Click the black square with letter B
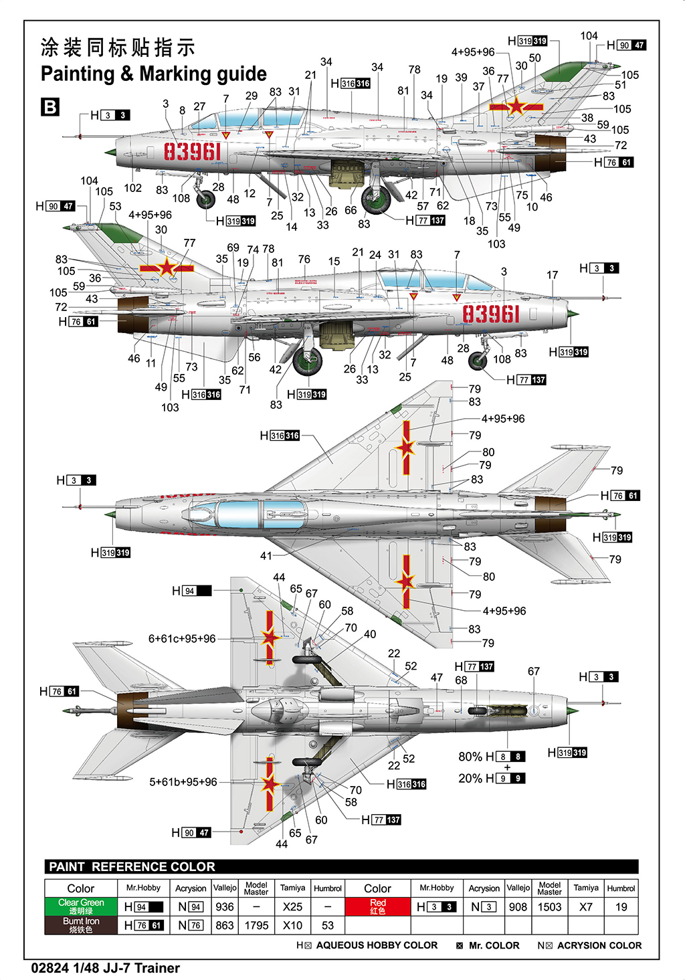[x=50, y=107]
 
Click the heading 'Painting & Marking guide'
[x=153, y=74]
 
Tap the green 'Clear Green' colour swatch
[x=81, y=906]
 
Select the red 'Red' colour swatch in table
[x=377, y=906]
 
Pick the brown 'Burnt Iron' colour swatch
[x=81, y=925]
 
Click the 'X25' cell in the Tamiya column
[x=292, y=907]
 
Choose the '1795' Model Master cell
[x=256, y=926]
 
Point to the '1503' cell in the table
[x=549, y=907]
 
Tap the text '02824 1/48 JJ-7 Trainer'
[x=106, y=968]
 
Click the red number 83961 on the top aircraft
[x=193, y=152]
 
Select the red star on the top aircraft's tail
[x=516, y=106]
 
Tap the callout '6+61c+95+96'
[x=182, y=639]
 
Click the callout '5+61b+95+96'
[x=183, y=782]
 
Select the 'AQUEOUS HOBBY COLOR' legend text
[x=377, y=945]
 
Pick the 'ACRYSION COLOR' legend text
[x=599, y=945]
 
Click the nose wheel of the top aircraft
[x=206, y=199]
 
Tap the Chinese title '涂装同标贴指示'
[x=118, y=47]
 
